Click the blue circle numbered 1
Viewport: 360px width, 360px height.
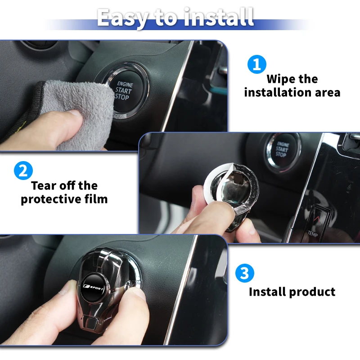point(257,64)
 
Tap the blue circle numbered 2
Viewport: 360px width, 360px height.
point(23,171)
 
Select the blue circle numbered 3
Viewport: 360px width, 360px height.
point(244,273)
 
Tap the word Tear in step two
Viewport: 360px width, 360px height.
point(44,185)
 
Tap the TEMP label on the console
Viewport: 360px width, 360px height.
point(312,234)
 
